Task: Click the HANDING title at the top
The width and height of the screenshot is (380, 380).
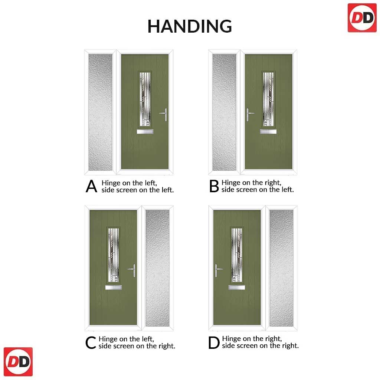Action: coord(190,26)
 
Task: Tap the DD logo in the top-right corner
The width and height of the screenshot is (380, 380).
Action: coord(362,18)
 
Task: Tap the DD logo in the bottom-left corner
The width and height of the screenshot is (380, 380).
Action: coord(18,361)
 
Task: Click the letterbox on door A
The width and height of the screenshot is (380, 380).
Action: coord(145,132)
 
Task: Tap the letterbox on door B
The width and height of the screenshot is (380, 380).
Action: coord(268,132)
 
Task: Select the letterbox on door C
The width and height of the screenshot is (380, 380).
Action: coord(114,288)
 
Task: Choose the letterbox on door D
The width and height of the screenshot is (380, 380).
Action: coord(236,288)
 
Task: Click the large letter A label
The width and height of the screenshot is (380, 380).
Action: coord(91,186)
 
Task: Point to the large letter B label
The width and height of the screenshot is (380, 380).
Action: coord(214,186)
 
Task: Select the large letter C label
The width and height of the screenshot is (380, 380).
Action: coord(91,343)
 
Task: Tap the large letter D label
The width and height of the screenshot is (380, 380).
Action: coord(214,343)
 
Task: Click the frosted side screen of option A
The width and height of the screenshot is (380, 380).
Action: coord(100,112)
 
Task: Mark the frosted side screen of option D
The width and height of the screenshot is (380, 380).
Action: coord(281,268)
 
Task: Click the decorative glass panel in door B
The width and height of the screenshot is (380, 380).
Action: coord(268,99)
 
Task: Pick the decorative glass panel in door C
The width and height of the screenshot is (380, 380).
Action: coord(114,255)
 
